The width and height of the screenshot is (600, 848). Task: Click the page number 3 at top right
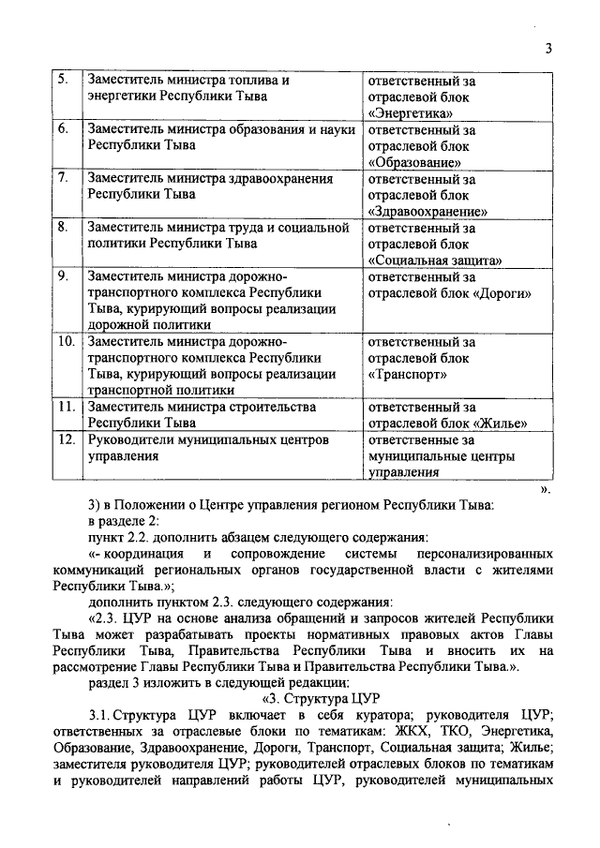pos(548,50)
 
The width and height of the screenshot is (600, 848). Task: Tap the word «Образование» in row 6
pos(416,161)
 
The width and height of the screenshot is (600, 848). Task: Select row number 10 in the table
pos(66,342)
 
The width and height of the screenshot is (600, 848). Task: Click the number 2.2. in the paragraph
pos(142,537)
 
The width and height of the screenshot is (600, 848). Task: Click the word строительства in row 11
pos(273,408)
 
